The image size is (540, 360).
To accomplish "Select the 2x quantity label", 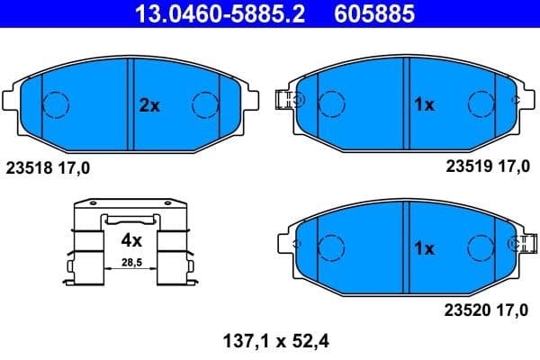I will click(x=148, y=105).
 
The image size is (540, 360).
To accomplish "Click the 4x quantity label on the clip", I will click(x=131, y=240).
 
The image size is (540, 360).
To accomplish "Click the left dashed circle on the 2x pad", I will click(x=57, y=105).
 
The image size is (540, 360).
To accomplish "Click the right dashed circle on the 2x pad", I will click(x=206, y=105).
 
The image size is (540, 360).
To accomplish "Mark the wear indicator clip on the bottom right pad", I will click(x=519, y=245).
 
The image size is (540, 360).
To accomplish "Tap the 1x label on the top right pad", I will click(x=423, y=105).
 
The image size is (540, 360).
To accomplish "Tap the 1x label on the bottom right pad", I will click(x=423, y=247).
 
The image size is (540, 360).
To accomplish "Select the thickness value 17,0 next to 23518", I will click(x=75, y=166).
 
